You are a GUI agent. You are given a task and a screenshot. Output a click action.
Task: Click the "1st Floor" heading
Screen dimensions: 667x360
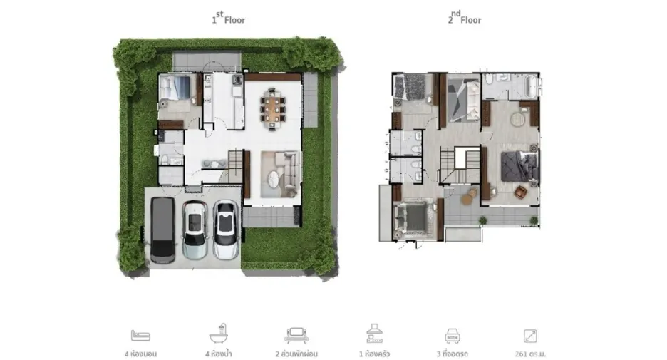coord(229,18)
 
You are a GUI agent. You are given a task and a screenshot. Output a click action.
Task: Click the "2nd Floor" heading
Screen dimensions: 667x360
coord(464,18)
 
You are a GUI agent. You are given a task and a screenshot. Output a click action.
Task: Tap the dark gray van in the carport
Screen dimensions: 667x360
coord(162,230)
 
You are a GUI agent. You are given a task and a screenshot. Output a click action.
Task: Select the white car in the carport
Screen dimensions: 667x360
coord(225,230)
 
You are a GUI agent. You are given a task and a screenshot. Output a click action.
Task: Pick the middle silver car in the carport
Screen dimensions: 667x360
coord(195,230)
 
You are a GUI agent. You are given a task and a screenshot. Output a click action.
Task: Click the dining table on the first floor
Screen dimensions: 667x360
coord(273,109)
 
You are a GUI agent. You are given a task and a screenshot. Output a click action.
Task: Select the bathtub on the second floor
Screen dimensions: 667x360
coord(532,86)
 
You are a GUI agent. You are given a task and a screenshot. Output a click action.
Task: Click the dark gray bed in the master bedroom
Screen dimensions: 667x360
coord(519,166)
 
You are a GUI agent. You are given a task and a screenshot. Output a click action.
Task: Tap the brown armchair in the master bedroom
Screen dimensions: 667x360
coord(521,192)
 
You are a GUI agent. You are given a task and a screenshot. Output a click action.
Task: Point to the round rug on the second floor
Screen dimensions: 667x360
coord(518,119)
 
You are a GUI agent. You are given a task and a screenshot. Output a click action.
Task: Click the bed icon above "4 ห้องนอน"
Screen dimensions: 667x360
coord(140,335)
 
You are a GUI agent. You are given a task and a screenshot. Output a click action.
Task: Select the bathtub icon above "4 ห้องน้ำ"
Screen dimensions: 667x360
coord(219,334)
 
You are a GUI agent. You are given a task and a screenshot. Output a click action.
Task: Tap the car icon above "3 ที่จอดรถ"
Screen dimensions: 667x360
coord(453,335)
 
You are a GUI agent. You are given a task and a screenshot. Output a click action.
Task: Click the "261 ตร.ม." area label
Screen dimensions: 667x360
coord(530,354)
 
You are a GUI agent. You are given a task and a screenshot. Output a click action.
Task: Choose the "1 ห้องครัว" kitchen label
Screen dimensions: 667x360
coord(374,354)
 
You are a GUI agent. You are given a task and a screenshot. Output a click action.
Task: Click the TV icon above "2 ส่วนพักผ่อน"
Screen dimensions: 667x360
coord(296,335)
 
